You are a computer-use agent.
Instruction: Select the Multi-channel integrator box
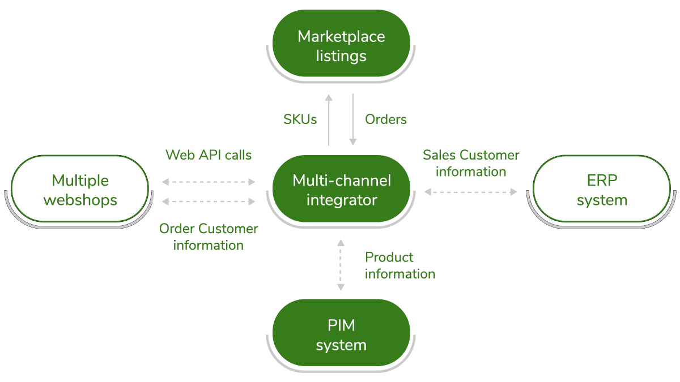[341, 190]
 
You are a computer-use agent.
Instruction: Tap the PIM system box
[341, 335]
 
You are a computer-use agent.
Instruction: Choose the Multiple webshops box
[80, 190]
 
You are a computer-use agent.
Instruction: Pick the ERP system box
[602, 190]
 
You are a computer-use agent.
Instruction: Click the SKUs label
[300, 119]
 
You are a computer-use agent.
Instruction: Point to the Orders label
[385, 119]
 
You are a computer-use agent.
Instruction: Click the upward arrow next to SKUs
[329, 119]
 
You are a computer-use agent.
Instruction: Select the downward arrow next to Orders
[352, 119]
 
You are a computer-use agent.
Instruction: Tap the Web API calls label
[209, 154]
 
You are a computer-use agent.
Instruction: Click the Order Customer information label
[209, 237]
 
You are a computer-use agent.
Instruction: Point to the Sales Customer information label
[471, 163]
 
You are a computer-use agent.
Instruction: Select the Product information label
[399, 265]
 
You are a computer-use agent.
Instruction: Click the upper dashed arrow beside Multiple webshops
[209, 182]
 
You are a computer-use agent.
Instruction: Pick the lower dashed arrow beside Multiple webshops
[209, 201]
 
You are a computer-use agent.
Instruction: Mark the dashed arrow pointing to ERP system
[471, 192]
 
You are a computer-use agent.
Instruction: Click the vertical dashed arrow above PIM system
[340, 265]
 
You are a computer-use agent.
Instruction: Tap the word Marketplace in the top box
[341, 37]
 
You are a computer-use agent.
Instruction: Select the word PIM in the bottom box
[341, 325]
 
